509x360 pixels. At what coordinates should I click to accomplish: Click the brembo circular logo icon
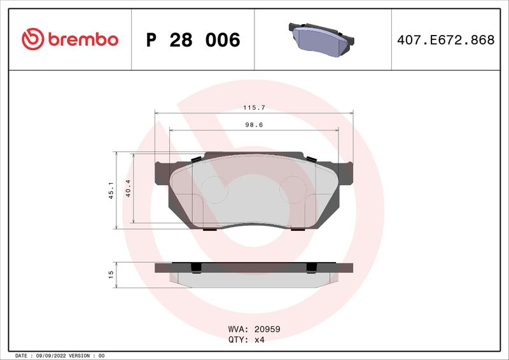click(x=33, y=39)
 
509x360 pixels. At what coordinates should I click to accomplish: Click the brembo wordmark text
click(x=83, y=39)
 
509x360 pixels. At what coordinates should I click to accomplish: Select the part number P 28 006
click(x=193, y=40)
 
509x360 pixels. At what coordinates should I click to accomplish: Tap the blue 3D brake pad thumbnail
click(x=321, y=39)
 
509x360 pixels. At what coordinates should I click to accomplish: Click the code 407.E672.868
click(x=446, y=40)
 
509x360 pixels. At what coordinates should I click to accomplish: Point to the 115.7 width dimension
click(x=254, y=107)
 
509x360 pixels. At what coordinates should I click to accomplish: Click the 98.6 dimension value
click(x=254, y=125)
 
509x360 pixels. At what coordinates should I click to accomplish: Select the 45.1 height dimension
click(x=111, y=190)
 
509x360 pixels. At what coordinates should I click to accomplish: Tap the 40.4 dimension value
click(x=128, y=188)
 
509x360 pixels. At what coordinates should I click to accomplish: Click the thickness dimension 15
click(x=111, y=275)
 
